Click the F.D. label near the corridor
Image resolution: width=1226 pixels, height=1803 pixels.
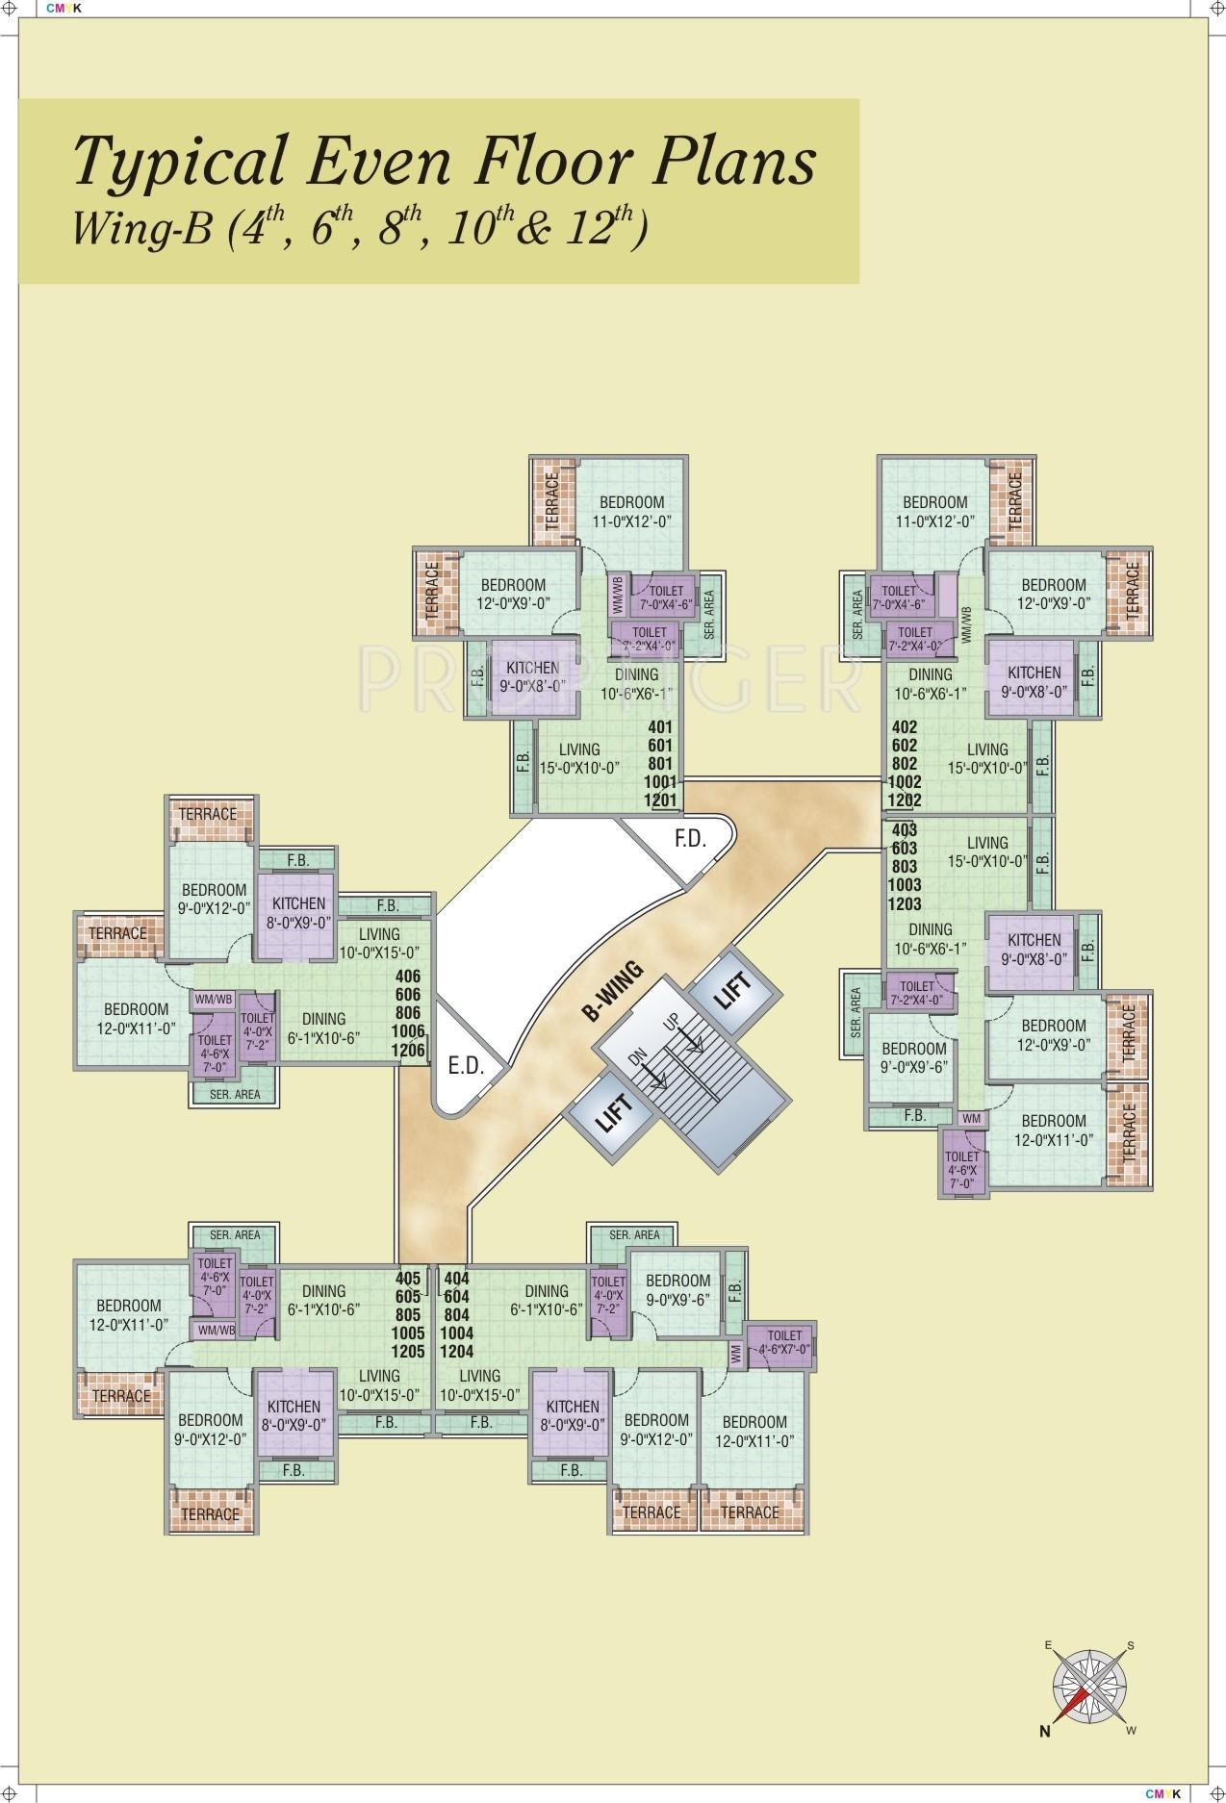coord(689,838)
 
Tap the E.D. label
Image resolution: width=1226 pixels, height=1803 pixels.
coord(466,1066)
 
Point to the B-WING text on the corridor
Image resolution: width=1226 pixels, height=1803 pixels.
coord(612,990)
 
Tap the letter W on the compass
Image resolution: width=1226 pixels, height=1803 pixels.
coord(1131,1731)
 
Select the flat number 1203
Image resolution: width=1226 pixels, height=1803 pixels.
coord(906,903)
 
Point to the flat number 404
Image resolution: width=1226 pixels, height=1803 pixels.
coord(454,1279)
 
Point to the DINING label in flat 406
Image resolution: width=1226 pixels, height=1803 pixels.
coord(323,1019)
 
